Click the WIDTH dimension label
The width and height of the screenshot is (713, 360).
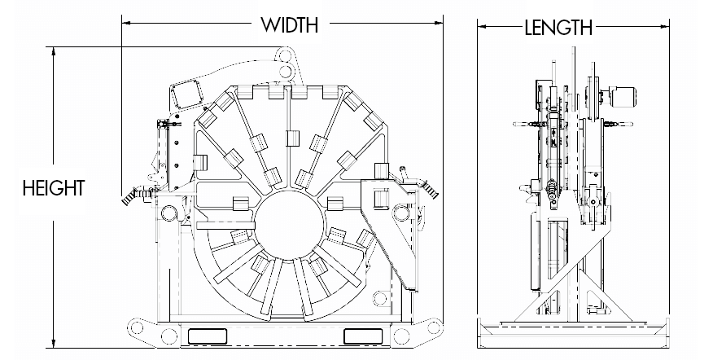[289, 24]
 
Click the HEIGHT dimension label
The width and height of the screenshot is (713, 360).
[53, 189]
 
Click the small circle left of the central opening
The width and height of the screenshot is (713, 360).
[168, 213]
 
